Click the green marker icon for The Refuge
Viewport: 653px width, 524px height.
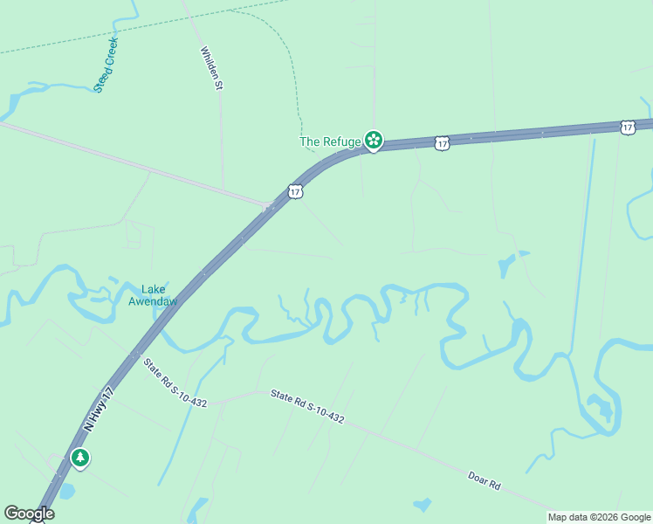pyautogui.click(x=373, y=140)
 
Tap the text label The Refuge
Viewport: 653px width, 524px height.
pyautogui.click(x=330, y=141)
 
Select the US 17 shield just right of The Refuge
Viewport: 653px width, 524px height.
pyautogui.click(x=442, y=142)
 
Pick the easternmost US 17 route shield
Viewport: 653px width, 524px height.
pyautogui.click(x=628, y=128)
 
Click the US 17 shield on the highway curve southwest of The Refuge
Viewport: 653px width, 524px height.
pyautogui.click(x=295, y=190)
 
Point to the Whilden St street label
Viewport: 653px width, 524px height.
pyautogui.click(x=212, y=69)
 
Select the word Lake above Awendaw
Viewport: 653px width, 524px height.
pyautogui.click(x=153, y=289)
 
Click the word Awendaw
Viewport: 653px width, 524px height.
pyautogui.click(x=154, y=302)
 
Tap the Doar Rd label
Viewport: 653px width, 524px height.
pyautogui.click(x=483, y=479)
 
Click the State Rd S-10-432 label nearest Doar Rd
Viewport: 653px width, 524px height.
pyautogui.click(x=306, y=407)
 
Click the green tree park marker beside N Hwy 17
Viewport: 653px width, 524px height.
pyautogui.click(x=80, y=458)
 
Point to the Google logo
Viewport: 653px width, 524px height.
pyautogui.click(x=29, y=514)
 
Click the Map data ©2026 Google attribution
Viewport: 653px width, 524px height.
pyautogui.click(x=599, y=517)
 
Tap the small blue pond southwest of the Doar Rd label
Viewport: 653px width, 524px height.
pyautogui.click(x=423, y=505)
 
